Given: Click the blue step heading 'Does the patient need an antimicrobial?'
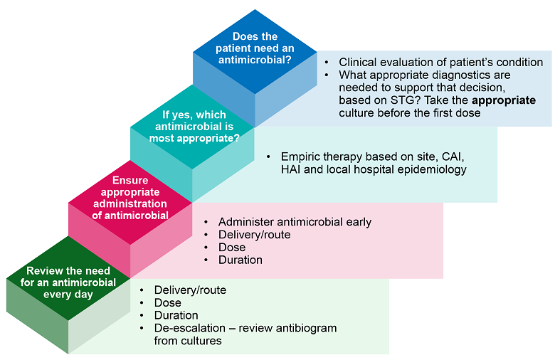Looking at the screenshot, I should pos(255,48).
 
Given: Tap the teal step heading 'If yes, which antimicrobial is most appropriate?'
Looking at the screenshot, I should pos(194,126).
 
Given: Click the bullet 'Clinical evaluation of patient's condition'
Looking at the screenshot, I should pos(440,62).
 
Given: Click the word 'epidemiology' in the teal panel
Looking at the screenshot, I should pos(433,169).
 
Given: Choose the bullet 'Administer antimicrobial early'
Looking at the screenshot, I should pos(295,222).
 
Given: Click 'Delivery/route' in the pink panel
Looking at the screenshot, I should pos(254,235).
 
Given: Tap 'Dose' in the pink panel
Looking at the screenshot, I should pos(231,248).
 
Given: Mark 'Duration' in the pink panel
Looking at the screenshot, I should pos(240,260).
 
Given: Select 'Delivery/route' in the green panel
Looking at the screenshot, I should pos(190,290).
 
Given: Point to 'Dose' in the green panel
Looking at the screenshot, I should pos(167,303).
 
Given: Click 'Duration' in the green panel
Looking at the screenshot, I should pos(176,315).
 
